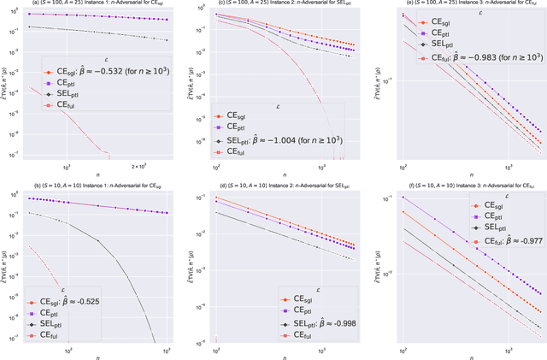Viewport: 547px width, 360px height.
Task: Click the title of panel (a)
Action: (93, 3)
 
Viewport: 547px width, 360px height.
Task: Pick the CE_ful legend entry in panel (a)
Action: (65, 105)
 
